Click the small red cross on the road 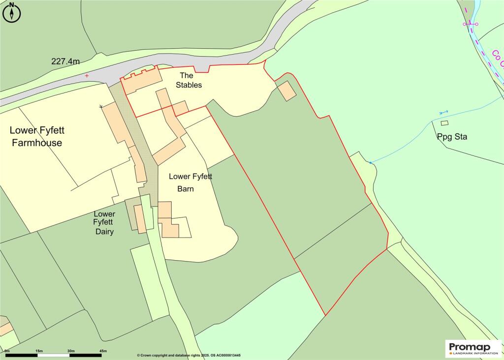pyautogui.click(x=87, y=76)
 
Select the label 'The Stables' pyautogui.click(x=189, y=80)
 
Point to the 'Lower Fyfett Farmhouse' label pyautogui.click(x=37, y=137)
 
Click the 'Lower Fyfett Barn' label pyautogui.click(x=189, y=182)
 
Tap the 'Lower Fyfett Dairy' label pyautogui.click(x=104, y=223)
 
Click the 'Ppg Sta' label pyautogui.click(x=451, y=137)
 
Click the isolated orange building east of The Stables pyautogui.click(x=287, y=90)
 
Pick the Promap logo pyautogui.click(x=473, y=349)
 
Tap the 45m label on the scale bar pyautogui.click(x=103, y=350)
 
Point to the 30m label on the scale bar pyautogui.click(x=71, y=350)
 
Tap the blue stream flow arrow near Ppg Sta pyautogui.click(x=443, y=113)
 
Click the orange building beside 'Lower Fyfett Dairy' pyautogui.click(x=140, y=219)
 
